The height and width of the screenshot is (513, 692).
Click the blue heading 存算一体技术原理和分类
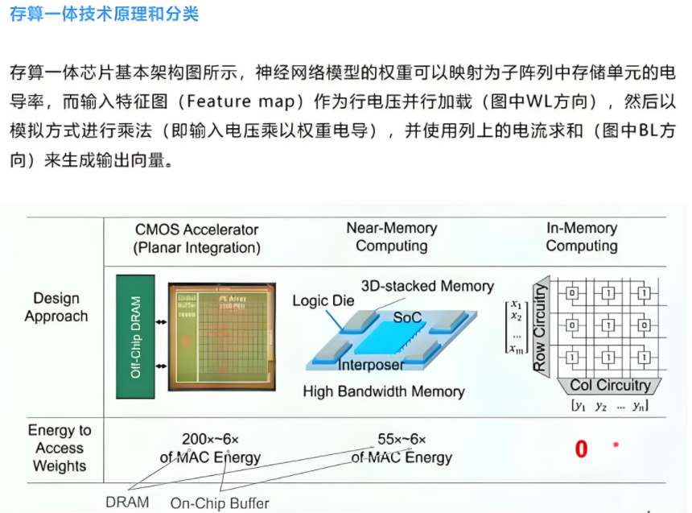(x=104, y=14)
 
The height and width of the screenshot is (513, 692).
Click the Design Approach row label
(x=56, y=307)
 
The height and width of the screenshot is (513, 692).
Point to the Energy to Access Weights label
(x=60, y=448)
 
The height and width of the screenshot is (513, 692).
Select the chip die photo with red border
(x=220, y=337)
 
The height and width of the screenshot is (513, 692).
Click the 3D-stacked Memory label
(x=427, y=286)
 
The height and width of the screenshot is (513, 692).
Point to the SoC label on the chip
(x=407, y=317)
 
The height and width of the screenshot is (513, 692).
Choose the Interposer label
(x=371, y=365)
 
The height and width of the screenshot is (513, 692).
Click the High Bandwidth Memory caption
(x=384, y=391)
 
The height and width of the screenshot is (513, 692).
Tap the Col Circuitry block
(x=611, y=385)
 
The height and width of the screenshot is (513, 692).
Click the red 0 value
(x=581, y=449)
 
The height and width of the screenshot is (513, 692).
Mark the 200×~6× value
(x=210, y=440)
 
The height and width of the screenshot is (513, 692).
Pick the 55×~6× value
(x=402, y=440)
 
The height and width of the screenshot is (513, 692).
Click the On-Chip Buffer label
(x=219, y=503)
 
